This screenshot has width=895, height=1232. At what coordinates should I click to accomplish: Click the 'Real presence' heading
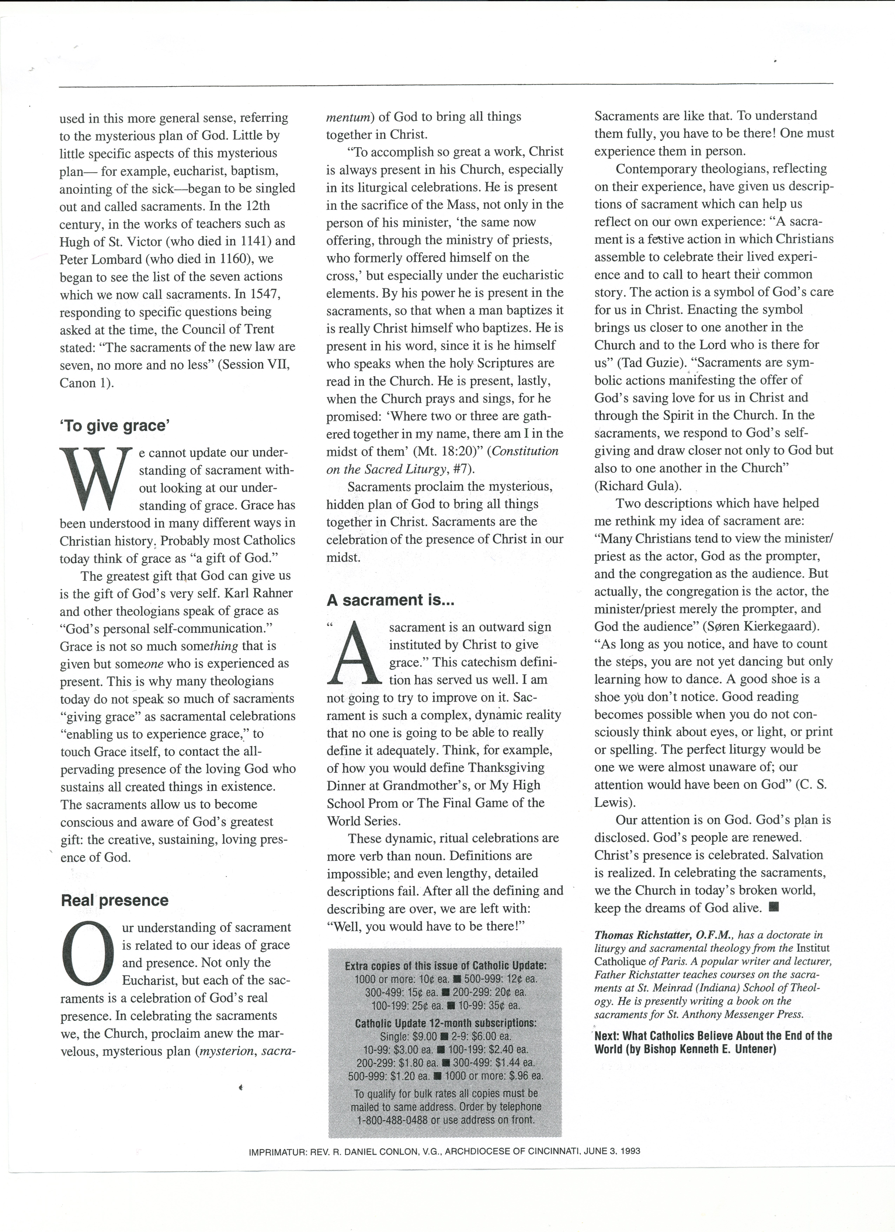115,900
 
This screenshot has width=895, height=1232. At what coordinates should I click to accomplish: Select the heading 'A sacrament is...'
390,600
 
